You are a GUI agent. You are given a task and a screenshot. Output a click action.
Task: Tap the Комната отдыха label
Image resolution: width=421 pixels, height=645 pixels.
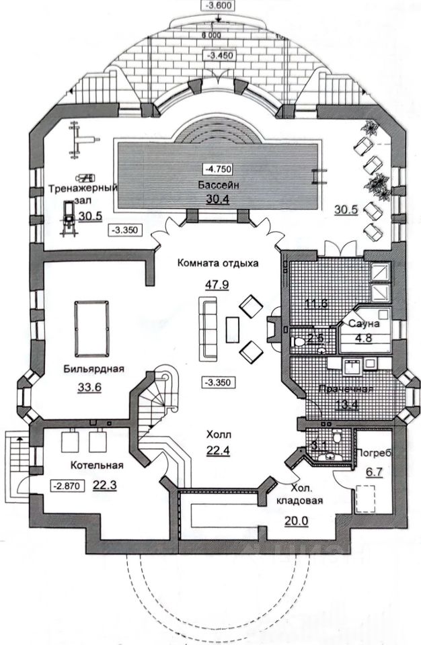(218, 263)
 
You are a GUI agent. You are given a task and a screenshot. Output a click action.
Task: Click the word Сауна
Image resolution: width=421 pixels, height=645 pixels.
(364, 324)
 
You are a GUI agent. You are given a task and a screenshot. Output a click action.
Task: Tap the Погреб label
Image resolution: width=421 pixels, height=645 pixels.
(371, 451)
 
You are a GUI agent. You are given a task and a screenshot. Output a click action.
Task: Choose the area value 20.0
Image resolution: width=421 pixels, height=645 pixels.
(297, 519)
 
